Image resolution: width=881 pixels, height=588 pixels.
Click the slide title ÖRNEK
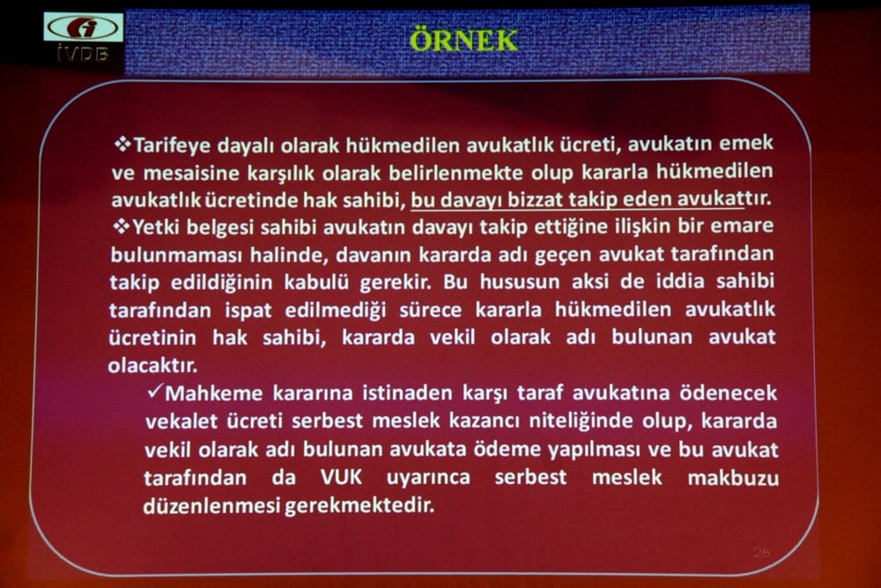click(x=464, y=40)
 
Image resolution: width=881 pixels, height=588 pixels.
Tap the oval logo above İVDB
click(x=83, y=27)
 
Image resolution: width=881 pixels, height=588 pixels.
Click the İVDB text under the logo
click(x=83, y=55)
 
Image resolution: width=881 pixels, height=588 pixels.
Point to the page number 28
click(x=761, y=552)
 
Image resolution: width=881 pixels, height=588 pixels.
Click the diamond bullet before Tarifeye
click(x=122, y=142)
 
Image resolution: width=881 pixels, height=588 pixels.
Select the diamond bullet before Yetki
click(x=122, y=226)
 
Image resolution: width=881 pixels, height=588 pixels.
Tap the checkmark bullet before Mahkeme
click(x=155, y=391)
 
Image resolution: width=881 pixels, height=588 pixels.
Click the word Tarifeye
click(x=169, y=143)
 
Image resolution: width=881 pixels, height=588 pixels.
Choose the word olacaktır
click(x=151, y=365)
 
